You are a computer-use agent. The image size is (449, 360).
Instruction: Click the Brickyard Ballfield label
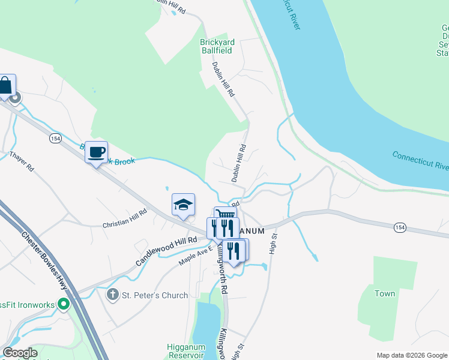tap(217, 46)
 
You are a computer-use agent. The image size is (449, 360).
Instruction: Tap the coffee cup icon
tap(96, 152)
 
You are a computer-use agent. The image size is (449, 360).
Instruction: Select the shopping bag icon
tap(5, 86)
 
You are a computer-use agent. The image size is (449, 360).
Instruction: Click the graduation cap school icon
tap(183, 205)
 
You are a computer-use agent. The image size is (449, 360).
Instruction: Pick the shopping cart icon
tap(226, 215)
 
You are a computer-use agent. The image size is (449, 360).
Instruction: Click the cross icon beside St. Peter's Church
tap(112, 295)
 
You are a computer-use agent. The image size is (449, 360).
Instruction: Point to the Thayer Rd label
tap(22, 163)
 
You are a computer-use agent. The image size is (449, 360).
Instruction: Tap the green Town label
tap(385, 293)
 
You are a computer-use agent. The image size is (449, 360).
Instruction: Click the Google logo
tap(20, 353)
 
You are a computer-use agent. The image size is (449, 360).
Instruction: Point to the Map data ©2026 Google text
tap(411, 355)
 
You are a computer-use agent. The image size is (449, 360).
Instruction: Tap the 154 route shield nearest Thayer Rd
tap(55, 138)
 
